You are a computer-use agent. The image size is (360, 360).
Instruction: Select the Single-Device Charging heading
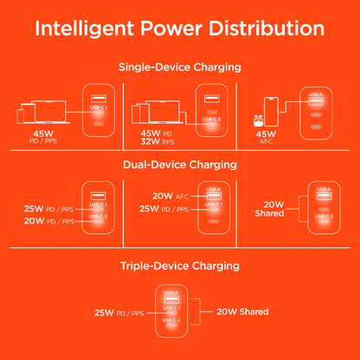coord(180,67)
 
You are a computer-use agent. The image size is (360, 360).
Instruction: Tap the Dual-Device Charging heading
coord(180,163)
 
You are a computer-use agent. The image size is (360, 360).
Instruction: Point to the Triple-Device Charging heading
coord(180,267)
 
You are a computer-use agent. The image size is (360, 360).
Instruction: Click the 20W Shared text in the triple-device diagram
coord(242,312)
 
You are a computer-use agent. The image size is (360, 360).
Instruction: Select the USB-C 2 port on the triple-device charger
coord(171,325)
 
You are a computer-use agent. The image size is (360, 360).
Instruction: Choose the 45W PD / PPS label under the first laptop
coord(42,136)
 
